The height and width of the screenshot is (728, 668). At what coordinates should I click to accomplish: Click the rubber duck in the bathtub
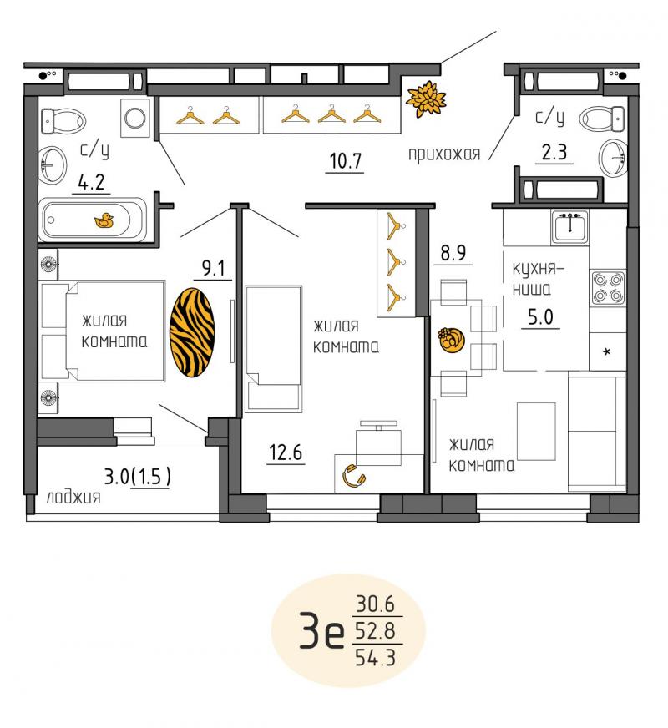coord(104,220)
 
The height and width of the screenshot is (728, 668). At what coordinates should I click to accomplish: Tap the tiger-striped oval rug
coord(192,332)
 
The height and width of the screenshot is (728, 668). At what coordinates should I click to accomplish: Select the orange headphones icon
coord(354,477)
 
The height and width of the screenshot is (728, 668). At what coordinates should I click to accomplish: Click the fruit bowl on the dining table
coord(451,340)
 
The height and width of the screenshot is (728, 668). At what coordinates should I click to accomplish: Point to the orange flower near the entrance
coord(425,99)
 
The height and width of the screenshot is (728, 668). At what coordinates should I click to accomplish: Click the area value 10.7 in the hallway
coord(345,161)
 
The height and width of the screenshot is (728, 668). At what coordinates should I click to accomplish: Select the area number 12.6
coord(286,452)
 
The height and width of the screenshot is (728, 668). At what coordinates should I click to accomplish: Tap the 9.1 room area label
coord(213,268)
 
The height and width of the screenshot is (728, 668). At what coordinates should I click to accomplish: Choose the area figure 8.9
coord(453,253)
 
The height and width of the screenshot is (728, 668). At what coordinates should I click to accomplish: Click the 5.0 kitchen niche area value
coord(540,316)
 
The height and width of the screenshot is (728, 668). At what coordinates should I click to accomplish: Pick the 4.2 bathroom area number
coord(92,183)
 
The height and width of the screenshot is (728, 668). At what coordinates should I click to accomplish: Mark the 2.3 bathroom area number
coord(554,152)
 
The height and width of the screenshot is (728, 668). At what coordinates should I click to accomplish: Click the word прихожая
coord(444,154)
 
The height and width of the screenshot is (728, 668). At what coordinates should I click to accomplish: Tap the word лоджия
coord(73,498)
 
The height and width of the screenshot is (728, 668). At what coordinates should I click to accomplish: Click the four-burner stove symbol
coord(608,287)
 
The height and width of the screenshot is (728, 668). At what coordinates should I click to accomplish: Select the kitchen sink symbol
coord(569,226)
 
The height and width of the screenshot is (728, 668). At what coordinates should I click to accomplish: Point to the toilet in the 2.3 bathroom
coord(602,119)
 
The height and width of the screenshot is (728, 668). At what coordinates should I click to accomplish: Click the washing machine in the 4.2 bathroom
coord(135,118)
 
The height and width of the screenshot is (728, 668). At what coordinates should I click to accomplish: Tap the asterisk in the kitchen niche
coord(606,352)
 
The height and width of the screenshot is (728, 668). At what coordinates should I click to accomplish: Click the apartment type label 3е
coord(321,630)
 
